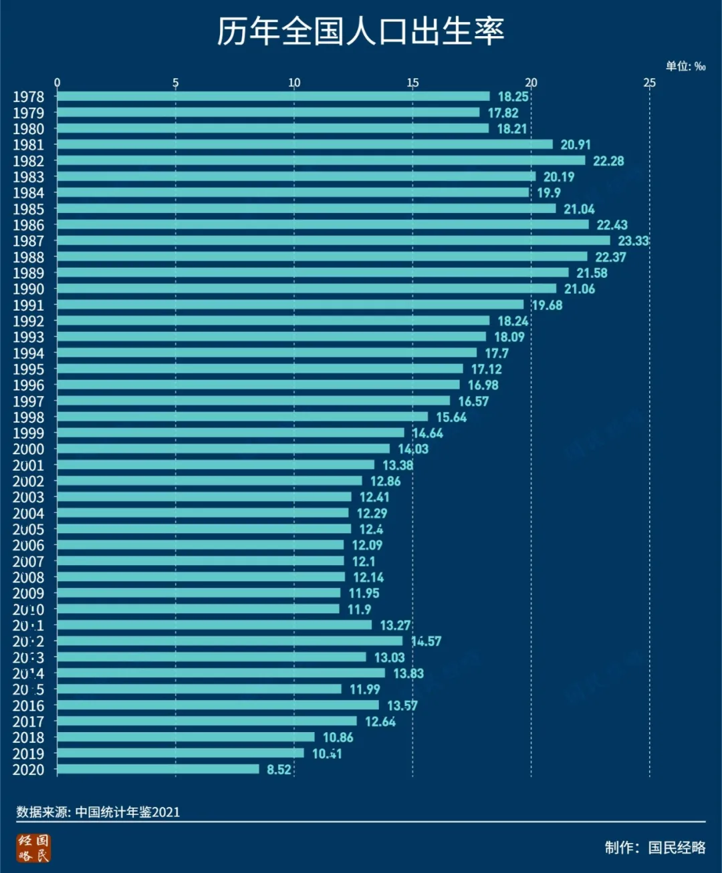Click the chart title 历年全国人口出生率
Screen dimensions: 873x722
(360, 31)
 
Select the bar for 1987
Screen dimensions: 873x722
(333, 240)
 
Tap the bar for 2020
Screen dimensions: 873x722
(158, 769)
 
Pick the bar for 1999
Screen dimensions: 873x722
(231, 433)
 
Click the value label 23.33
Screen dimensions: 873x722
(633, 240)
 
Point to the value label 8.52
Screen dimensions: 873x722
(279, 769)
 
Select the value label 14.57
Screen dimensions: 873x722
(426, 641)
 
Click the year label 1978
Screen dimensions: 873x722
(28, 97)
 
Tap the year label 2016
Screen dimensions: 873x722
(28, 705)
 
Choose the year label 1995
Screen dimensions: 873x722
(28, 369)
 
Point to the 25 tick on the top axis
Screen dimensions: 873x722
(649, 83)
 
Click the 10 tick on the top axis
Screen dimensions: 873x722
(294, 83)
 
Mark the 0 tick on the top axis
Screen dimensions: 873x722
(57, 83)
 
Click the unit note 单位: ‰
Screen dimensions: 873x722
(685, 66)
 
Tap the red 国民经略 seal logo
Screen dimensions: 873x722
(33, 848)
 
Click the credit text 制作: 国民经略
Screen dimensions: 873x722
(655, 848)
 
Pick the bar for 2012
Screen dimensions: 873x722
(229, 641)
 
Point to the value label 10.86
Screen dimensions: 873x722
(338, 737)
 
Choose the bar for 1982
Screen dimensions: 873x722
(321, 160)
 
